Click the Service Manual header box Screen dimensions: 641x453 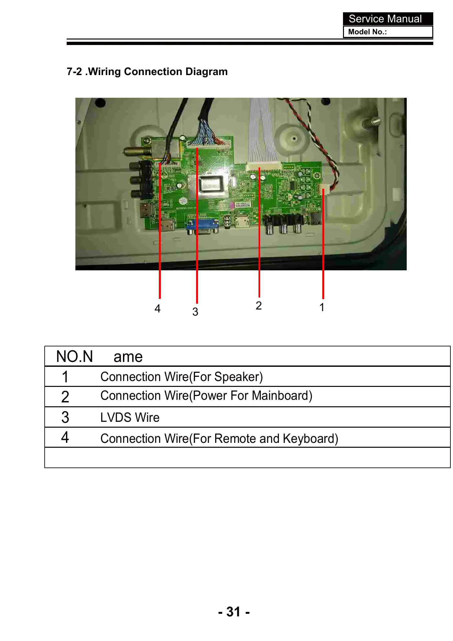tap(388, 19)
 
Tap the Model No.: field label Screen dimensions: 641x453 tap(367, 32)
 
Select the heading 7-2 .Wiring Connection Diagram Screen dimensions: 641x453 tap(147, 72)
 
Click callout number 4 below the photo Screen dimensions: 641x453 tap(158, 309)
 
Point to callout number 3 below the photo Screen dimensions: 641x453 tap(195, 312)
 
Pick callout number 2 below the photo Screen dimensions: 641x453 tap(259, 306)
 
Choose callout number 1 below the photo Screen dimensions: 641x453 tap(322, 307)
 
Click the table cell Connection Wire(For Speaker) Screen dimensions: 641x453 tap(182, 377)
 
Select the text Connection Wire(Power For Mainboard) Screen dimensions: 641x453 tap(206, 396)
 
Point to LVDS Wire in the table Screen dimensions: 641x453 tap(130, 417)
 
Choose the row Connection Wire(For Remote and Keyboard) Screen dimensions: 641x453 tap(219, 438)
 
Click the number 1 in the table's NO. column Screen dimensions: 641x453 tap(65, 377)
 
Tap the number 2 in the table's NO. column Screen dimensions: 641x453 tap(65, 397)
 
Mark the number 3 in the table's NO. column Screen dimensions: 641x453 tap(65, 417)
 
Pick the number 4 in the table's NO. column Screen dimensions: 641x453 tap(65, 437)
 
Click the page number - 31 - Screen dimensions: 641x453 tap(234, 612)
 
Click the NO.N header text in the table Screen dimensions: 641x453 tap(75, 356)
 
